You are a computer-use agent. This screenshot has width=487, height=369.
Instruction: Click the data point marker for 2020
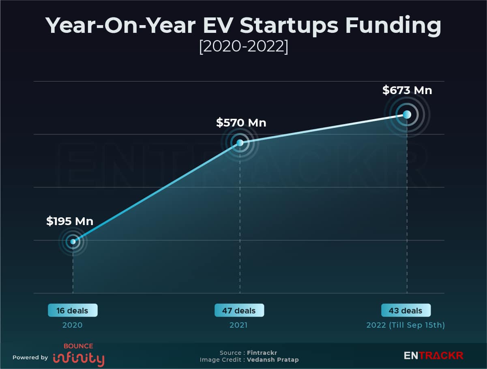73,242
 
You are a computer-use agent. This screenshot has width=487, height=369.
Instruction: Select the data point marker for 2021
240,143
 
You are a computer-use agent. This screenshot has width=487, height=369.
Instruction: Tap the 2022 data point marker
407,114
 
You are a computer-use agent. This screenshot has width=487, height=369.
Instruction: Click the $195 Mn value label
70,221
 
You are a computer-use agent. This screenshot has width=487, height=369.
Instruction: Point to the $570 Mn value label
241,122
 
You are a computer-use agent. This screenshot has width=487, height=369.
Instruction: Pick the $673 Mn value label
407,90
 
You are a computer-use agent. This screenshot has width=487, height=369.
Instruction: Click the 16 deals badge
73,311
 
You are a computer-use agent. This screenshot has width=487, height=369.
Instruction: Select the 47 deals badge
239,311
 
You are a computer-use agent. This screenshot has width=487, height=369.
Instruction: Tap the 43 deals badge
406,311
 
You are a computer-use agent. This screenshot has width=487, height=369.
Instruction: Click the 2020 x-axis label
73,325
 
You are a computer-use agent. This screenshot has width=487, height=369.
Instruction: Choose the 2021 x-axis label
238,325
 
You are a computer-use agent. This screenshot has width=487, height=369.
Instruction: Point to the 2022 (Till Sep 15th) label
405,325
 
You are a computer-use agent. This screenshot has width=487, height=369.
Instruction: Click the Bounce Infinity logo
78,355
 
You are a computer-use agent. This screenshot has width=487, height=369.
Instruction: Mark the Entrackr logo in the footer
433,356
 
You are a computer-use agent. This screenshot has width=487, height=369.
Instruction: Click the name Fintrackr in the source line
262,353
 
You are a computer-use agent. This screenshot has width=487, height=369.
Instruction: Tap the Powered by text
30,358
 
